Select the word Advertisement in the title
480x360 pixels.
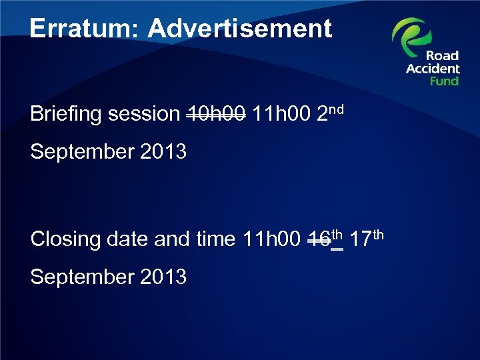click(x=239, y=28)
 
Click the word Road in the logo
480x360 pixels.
click(x=443, y=56)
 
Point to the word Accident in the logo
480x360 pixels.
click(x=433, y=69)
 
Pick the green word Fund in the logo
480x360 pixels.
click(x=444, y=81)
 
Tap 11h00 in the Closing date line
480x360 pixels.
click(x=270, y=239)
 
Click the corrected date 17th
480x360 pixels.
click(x=367, y=237)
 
